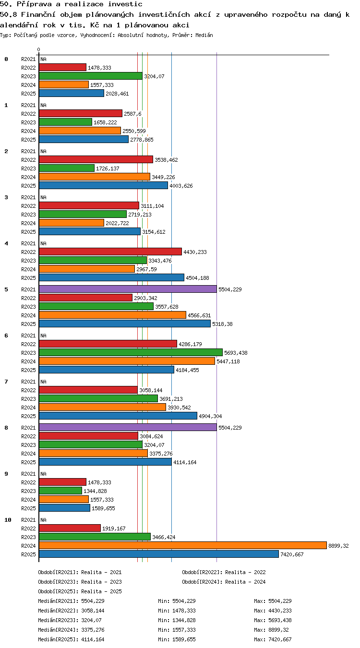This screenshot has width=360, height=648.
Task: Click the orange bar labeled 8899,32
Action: click(183, 545)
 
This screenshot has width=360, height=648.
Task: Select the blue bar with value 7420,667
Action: click(159, 554)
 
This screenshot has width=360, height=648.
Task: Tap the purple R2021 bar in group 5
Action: click(128, 289)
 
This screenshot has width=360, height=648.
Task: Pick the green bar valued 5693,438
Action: click(131, 352)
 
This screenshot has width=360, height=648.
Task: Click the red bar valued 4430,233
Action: click(110, 252)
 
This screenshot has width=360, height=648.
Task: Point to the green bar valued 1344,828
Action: click(60, 491)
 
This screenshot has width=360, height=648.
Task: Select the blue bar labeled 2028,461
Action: click(72, 93)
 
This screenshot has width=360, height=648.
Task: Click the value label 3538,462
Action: click(166, 160)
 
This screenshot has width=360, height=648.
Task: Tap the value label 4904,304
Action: click(210, 416)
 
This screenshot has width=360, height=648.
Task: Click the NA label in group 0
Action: click(43, 59)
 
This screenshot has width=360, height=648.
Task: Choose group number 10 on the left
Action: click(8, 520)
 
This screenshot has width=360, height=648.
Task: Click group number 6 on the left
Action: click(6, 336)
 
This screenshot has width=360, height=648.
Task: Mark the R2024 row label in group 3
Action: click(28, 223)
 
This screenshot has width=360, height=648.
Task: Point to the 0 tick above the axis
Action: click(39, 50)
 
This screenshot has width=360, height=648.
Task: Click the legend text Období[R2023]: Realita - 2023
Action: click(80, 582)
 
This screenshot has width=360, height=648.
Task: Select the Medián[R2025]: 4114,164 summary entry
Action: click(71, 639)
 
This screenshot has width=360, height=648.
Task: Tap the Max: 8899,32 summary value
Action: click(272, 630)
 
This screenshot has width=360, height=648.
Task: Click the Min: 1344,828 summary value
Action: click(177, 620)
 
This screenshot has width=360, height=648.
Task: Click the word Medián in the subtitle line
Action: click(204, 36)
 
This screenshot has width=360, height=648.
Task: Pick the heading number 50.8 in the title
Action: click(8, 14)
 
